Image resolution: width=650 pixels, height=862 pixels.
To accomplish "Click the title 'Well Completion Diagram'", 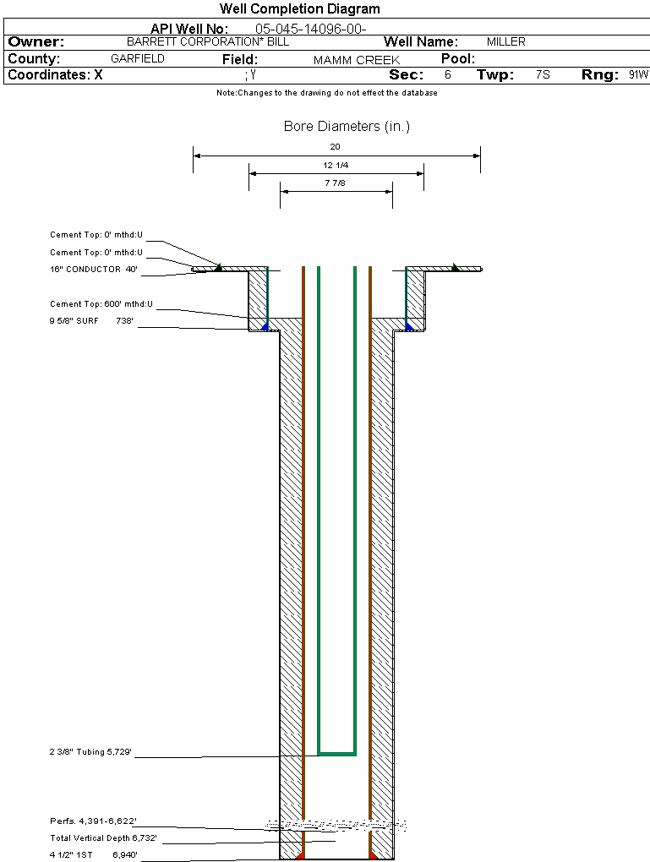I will click(299, 9).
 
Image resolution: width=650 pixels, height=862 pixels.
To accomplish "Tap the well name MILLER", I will click(505, 42).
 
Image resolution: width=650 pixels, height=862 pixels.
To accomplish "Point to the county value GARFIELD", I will click(138, 59).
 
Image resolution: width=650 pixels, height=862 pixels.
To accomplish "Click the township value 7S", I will click(543, 75).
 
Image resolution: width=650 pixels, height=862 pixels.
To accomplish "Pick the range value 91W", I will click(638, 75).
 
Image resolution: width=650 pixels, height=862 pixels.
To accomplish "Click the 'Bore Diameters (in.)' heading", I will click(347, 127).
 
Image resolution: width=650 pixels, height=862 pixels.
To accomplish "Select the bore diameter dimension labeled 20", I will click(336, 146).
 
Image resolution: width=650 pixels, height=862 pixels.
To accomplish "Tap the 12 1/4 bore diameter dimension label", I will click(336, 165).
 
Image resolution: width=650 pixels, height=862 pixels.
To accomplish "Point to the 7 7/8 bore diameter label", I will click(336, 183).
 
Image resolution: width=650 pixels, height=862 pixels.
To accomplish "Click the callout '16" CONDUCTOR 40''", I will click(93, 270).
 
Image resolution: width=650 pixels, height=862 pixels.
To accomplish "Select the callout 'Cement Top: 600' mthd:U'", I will click(101, 303).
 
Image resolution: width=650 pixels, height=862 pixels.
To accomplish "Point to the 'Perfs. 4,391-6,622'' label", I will click(93, 821).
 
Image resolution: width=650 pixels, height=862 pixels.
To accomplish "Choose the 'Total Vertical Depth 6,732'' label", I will click(103, 837).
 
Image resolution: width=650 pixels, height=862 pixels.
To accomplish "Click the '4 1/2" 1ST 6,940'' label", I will click(93, 854).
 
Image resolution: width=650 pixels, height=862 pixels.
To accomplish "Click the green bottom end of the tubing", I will click(336, 752).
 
